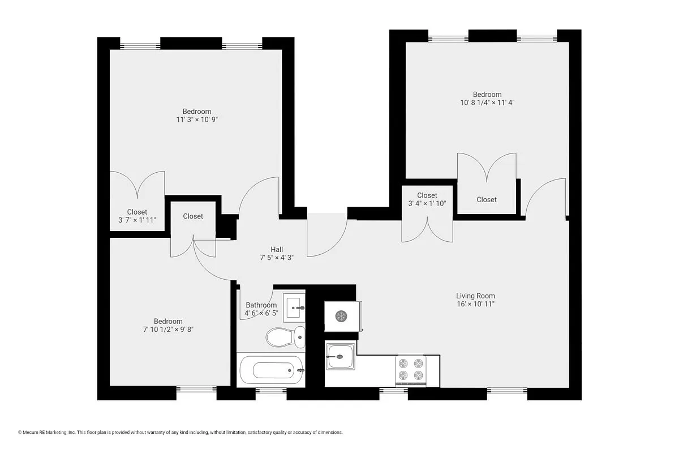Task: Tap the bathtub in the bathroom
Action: tap(271, 370)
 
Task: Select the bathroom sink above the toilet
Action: tap(294, 307)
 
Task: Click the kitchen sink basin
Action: tap(340, 357)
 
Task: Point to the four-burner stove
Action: tap(410, 370)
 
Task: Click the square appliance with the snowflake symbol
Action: tap(341, 316)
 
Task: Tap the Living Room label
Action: tap(475, 296)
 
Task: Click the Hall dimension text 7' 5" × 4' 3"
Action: tap(276, 257)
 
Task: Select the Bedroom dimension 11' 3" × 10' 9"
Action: tap(196, 119)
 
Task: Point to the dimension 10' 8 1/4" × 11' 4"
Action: tap(487, 102)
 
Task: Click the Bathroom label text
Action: tap(261, 305)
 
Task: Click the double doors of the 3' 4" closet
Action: tap(427, 229)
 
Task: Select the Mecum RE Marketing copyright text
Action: tap(181, 433)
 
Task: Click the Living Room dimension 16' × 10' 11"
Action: tap(475, 304)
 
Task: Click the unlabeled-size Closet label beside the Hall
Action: tap(193, 216)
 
